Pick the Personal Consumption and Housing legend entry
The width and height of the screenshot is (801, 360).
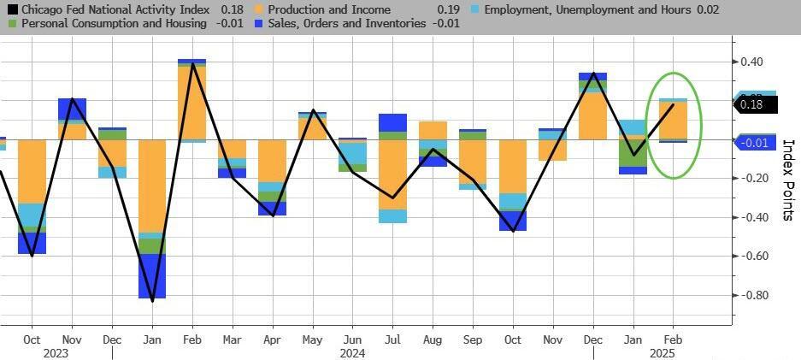click(112, 24)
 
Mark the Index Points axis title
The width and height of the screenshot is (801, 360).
click(788, 180)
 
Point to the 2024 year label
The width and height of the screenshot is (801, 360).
click(353, 352)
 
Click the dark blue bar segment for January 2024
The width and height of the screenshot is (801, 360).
click(152, 275)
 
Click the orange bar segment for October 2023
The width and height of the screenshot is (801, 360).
click(32, 171)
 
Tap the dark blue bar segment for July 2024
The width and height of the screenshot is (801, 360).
click(393, 122)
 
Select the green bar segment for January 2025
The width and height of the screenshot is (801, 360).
click(633, 152)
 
